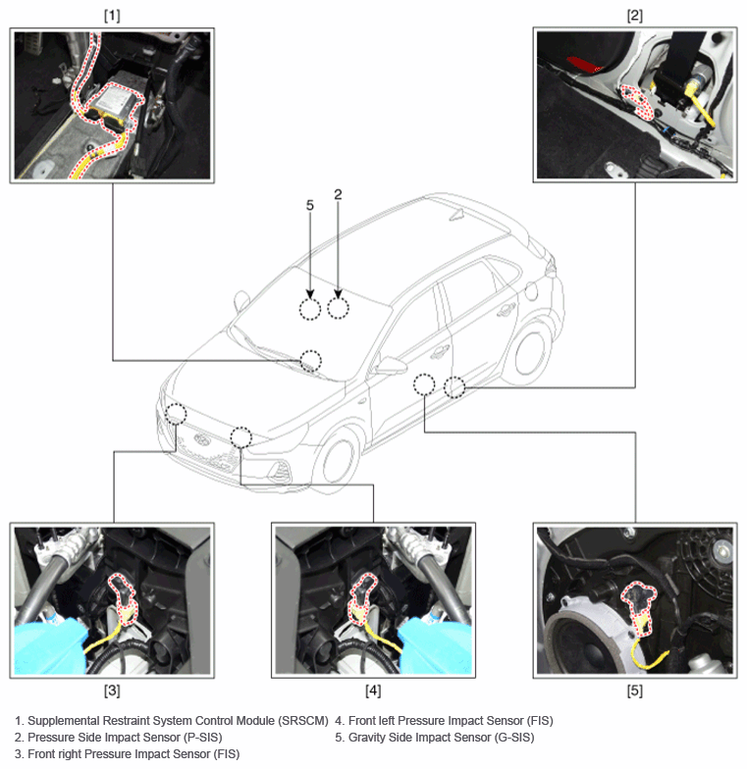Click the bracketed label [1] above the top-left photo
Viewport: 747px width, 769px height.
pyautogui.click(x=112, y=16)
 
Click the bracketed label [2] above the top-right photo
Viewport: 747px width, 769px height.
pyautogui.click(x=634, y=16)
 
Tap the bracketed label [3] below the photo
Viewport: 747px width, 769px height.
pyautogui.click(x=112, y=691)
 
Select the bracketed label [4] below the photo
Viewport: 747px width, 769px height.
pyautogui.click(x=373, y=691)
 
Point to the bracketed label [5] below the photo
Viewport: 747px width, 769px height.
pyautogui.click(x=634, y=691)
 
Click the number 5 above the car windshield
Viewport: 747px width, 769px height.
pyautogui.click(x=310, y=205)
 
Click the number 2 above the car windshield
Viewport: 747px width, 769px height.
pyautogui.click(x=338, y=194)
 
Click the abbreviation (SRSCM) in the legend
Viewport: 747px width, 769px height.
pyautogui.click(x=302, y=721)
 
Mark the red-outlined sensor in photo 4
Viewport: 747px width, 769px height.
pyautogui.click(x=363, y=598)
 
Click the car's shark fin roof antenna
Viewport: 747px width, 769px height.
pyautogui.click(x=457, y=215)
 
